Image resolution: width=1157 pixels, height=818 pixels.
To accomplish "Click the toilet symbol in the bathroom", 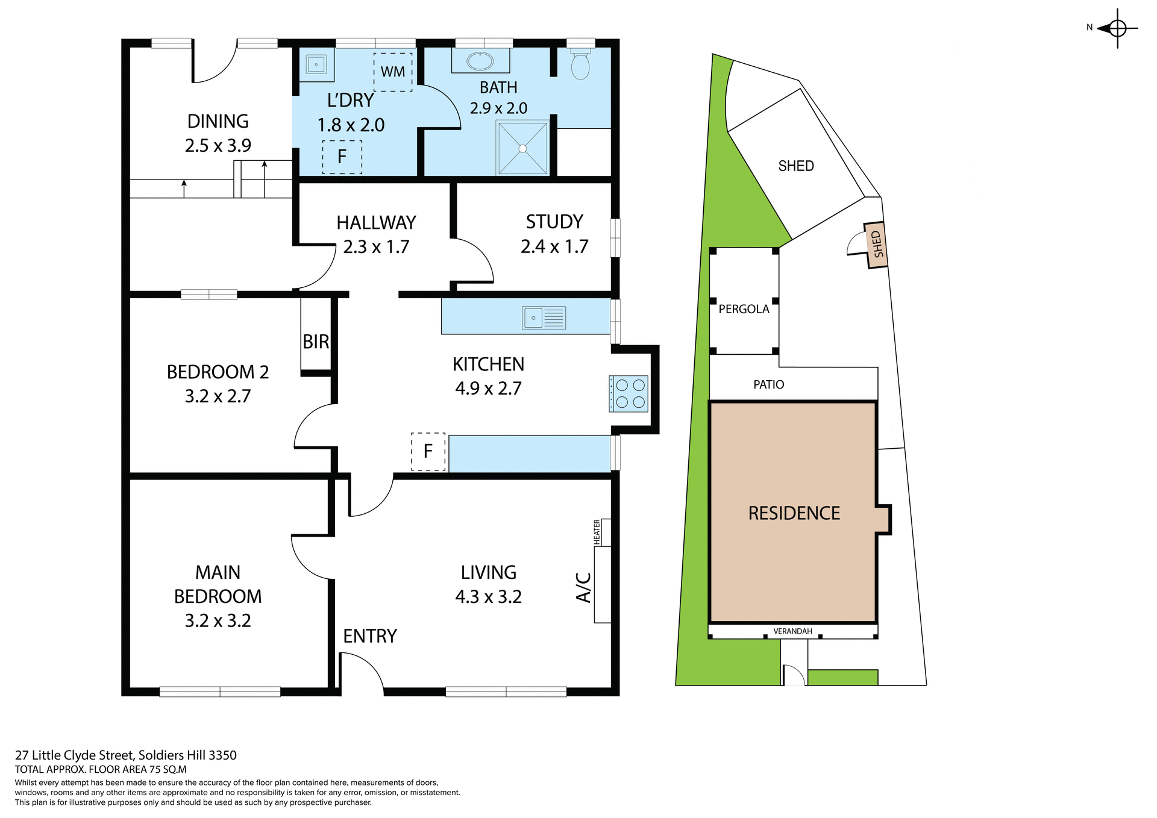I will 580,66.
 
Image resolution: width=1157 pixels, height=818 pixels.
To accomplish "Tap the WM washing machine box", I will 393,72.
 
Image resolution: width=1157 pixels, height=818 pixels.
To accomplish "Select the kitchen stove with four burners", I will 629,394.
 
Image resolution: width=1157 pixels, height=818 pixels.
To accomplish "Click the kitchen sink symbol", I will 544,317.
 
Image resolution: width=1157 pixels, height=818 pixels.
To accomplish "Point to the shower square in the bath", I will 522,148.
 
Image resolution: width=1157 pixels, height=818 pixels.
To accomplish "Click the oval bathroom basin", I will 480,61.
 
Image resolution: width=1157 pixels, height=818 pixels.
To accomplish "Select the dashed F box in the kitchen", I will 428,451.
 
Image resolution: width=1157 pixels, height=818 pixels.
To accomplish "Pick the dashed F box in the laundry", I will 342,157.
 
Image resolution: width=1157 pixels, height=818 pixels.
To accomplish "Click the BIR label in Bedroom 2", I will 316,342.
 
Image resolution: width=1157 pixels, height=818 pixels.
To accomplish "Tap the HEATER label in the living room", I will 597,532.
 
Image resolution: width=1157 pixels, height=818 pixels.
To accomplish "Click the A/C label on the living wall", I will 583,587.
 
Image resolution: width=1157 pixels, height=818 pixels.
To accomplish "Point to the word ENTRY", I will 370,636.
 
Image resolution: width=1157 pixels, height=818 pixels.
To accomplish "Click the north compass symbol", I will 1117,28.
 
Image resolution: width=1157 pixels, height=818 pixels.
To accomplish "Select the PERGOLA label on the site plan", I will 744,309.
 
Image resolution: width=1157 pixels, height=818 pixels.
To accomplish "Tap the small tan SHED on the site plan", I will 877,245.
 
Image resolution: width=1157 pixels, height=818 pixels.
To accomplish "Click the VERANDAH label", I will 792,631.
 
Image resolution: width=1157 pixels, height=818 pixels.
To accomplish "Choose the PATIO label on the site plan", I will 768,384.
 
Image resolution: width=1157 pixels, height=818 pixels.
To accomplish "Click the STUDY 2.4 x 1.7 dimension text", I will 554,246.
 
